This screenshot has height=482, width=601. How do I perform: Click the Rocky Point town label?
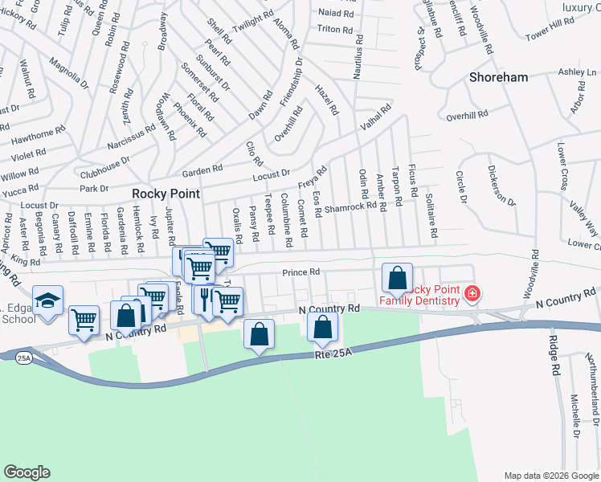click(x=166, y=194)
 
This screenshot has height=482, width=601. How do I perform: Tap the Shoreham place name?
click(x=499, y=77)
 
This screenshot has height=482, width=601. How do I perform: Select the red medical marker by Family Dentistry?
click(x=472, y=295)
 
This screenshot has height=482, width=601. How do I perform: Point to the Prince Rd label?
click(x=301, y=272)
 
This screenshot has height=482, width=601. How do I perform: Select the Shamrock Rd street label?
click(x=350, y=206)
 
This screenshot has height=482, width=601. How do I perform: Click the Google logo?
click(x=27, y=472)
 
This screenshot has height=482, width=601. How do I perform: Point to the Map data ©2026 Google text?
click(x=550, y=475)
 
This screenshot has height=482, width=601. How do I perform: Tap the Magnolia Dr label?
click(x=68, y=71)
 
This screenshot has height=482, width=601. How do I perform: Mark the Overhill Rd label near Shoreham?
click(x=467, y=115)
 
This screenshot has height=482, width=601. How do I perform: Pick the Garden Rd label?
click(x=202, y=170)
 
